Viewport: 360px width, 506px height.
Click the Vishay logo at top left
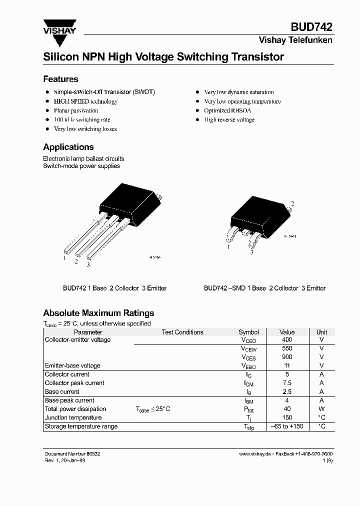click(x=59, y=27)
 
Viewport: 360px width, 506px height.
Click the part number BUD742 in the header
click(x=312, y=28)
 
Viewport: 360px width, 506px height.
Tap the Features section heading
click(x=60, y=79)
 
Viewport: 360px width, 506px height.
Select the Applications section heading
click(x=68, y=147)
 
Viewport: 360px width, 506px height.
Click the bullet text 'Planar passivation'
click(x=76, y=110)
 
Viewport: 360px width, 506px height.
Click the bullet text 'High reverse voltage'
click(x=229, y=120)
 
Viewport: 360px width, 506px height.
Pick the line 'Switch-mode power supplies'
click(x=81, y=166)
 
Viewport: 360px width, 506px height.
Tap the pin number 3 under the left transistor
click(x=88, y=264)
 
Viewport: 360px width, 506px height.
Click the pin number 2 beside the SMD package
click(x=292, y=203)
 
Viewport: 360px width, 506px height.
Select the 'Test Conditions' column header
click(x=182, y=332)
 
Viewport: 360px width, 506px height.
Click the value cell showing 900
click(x=287, y=357)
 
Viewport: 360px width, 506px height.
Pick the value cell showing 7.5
click(x=287, y=383)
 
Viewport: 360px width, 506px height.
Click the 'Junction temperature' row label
click(x=73, y=417)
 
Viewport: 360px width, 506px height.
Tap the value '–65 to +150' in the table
click(x=287, y=426)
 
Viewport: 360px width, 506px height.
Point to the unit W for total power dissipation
click(x=321, y=409)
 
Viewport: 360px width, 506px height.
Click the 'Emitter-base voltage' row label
click(x=72, y=365)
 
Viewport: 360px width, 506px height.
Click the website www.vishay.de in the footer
click(x=255, y=453)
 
